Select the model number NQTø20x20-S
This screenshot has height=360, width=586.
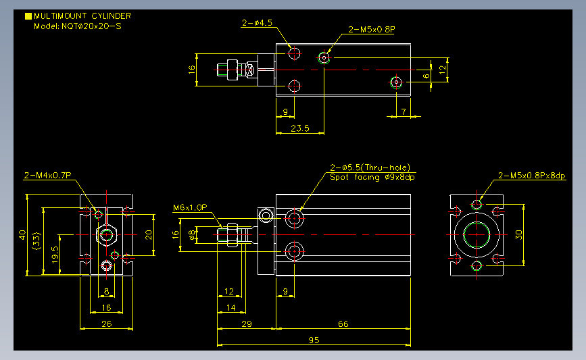(x=78, y=26)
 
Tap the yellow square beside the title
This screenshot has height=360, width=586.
(x=28, y=16)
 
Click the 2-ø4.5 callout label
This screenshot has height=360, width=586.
(x=257, y=23)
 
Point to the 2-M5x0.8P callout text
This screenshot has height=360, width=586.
(x=371, y=30)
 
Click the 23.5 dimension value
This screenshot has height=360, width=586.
(x=299, y=128)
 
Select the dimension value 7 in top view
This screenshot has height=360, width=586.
(x=404, y=111)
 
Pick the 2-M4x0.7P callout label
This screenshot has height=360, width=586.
(x=47, y=176)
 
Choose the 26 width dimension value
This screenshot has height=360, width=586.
(x=106, y=324)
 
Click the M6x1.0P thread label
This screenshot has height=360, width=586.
(x=190, y=208)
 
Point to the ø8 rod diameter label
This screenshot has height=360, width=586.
(x=192, y=234)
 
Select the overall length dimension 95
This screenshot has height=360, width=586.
(x=314, y=340)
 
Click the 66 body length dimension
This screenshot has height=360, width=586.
(x=343, y=324)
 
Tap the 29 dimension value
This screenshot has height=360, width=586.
(x=247, y=324)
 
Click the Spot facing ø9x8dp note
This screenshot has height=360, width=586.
(x=372, y=177)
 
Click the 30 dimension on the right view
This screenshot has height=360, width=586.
(x=519, y=234)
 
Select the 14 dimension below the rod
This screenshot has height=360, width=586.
(x=231, y=307)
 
